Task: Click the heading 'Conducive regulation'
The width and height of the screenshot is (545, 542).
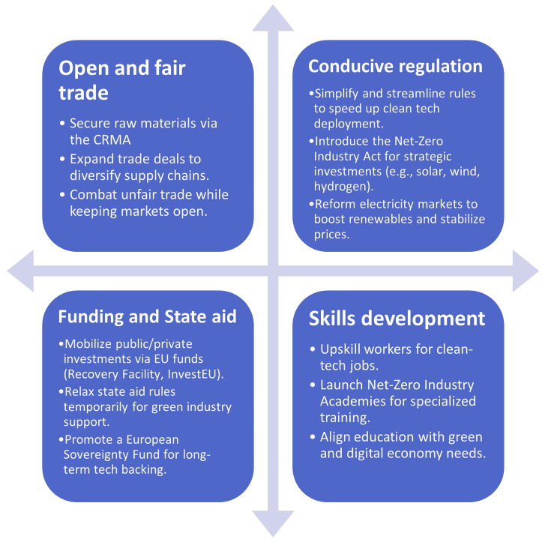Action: pyautogui.click(x=395, y=66)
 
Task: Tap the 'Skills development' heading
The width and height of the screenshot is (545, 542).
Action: pyautogui.click(x=397, y=318)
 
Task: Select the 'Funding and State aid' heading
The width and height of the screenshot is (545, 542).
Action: pyautogui.click(x=148, y=316)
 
